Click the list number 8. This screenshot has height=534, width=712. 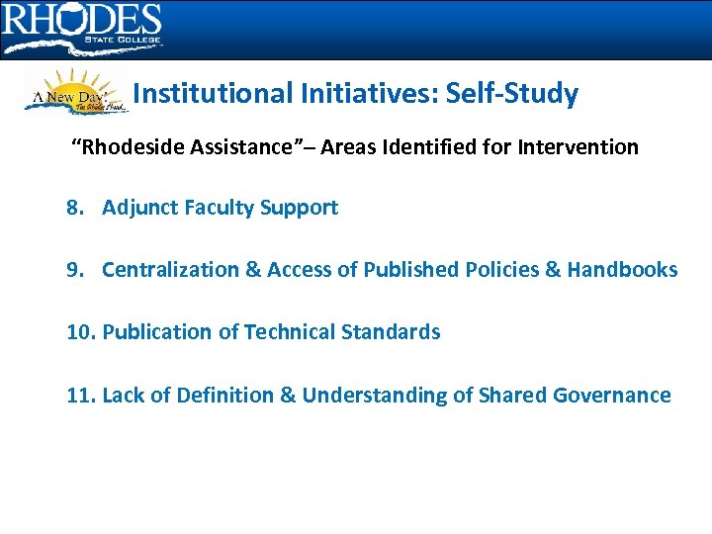click(75, 208)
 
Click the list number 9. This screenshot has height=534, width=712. click(75, 269)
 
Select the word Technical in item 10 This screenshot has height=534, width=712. click(293, 332)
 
